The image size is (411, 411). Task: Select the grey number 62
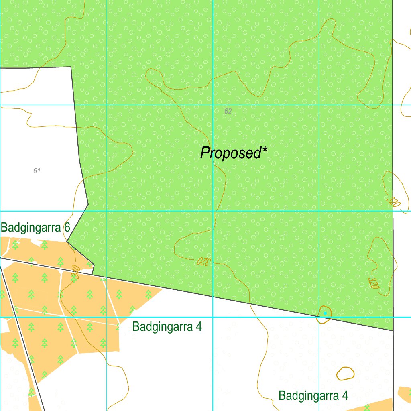228,111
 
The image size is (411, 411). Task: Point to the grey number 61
37,171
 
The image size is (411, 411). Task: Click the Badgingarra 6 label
35,228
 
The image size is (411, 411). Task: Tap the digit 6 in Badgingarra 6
67,228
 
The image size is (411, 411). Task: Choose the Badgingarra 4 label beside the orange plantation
167,327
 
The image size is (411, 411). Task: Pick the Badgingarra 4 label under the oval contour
313,396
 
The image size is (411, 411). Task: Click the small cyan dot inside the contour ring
325,313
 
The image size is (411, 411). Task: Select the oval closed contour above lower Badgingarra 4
345,374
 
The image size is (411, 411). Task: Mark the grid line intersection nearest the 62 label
213,105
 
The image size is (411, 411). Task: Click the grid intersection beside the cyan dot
319,317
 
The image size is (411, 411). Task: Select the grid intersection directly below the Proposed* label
213,211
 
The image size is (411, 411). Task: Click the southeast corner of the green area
393,331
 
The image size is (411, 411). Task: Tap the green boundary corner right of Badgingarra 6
88,205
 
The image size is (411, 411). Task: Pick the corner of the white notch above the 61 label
71,67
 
